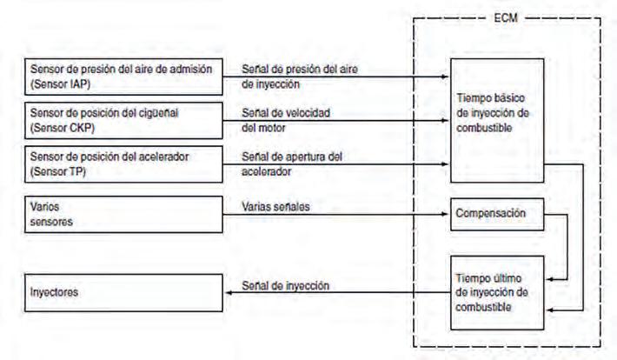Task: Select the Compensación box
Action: click(496, 213)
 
